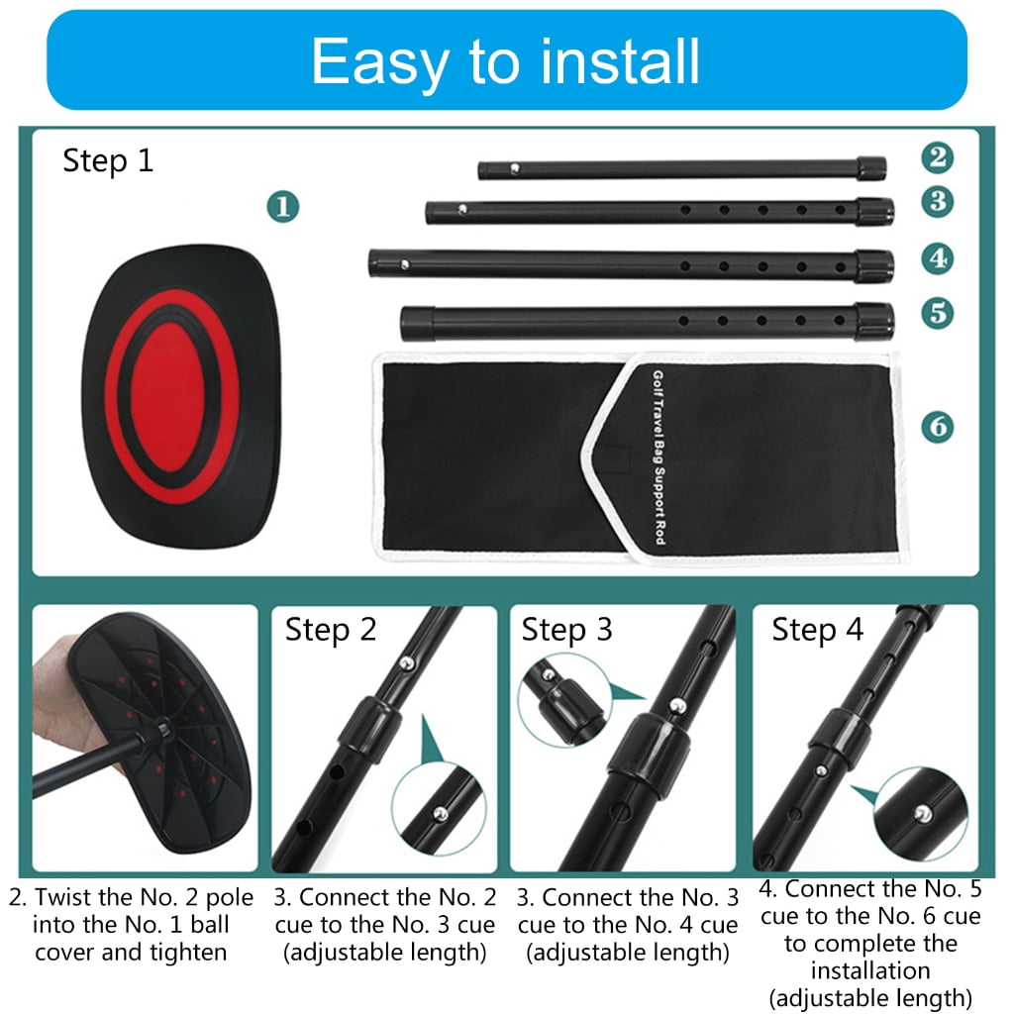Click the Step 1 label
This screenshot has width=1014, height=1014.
coord(108,160)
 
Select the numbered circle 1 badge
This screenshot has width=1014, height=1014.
coord(283,206)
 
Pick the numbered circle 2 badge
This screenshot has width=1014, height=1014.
coord(937,157)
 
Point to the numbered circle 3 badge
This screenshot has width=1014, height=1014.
coord(937,201)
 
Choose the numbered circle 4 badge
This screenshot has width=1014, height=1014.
coord(937,258)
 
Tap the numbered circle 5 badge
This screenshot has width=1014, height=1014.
coord(937,313)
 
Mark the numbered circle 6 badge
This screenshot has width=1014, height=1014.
coord(937,426)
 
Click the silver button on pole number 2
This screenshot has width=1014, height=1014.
coord(515,168)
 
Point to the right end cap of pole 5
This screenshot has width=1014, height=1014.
coord(875,322)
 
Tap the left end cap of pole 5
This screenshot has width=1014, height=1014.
coord(418,324)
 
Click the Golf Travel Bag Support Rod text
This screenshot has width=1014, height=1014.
coord(659,457)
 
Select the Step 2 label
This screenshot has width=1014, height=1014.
coord(331,630)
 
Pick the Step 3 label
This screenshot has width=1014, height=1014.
coord(567,630)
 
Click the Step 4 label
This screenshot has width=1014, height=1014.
coord(817,630)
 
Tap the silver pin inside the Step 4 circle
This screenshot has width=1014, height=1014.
coord(924,813)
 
